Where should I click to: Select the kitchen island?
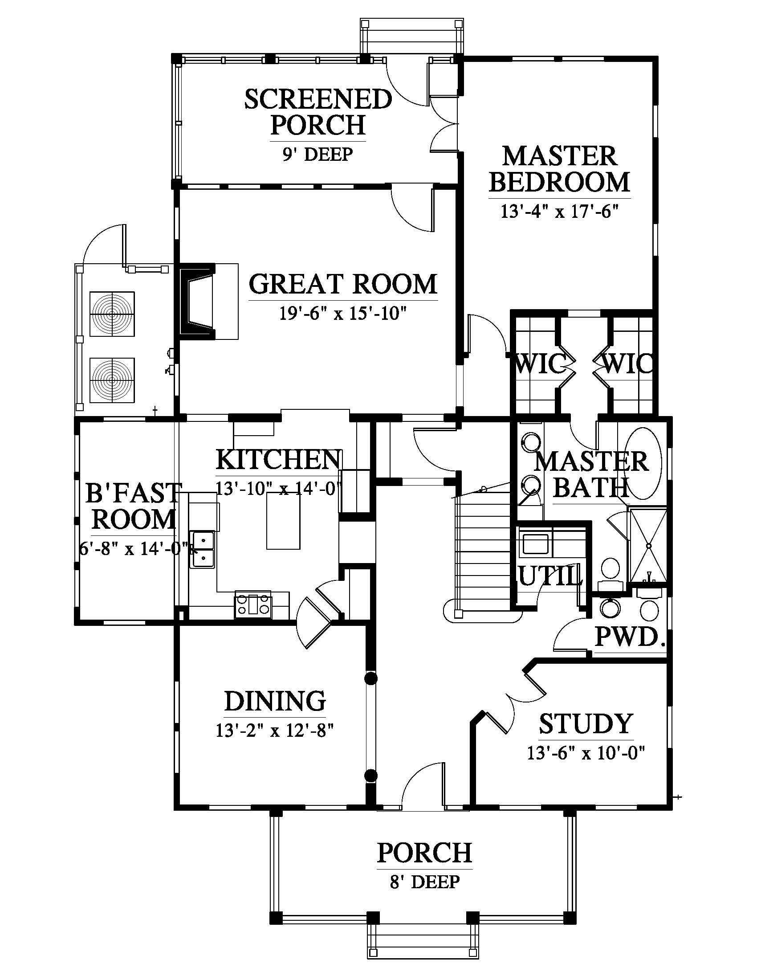click(283, 520)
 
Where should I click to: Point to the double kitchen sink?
click(203, 550)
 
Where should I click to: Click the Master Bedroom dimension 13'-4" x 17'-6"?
click(559, 210)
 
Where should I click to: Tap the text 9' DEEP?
click(317, 155)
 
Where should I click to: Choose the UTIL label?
click(550, 576)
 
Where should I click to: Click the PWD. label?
click(630, 636)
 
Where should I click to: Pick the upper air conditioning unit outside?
click(112, 314)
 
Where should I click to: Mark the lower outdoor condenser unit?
click(112, 380)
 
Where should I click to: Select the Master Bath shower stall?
click(648, 545)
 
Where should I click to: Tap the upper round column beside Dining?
click(370, 679)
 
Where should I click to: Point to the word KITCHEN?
click(278, 460)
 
